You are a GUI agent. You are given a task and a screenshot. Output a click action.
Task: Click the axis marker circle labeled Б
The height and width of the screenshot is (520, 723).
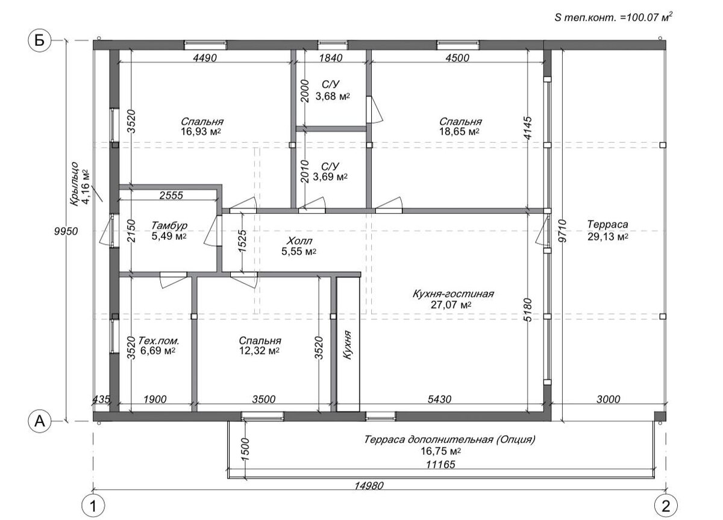coord(39,40)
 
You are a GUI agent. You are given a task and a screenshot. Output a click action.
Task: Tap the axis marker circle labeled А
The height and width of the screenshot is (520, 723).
coord(39,421)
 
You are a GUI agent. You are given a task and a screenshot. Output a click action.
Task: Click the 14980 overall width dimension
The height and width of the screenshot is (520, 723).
coord(369,486)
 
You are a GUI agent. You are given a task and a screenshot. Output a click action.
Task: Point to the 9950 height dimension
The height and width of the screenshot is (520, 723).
coord(66,231)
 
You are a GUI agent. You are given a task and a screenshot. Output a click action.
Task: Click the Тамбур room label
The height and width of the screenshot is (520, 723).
coord(169,225)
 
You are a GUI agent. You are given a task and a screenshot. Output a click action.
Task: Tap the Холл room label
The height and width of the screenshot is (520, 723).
coord(299,241)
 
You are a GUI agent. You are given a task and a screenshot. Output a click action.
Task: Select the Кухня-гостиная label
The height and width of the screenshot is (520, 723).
coord(453,293)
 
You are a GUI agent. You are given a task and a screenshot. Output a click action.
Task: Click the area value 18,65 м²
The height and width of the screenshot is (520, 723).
coord(459,131)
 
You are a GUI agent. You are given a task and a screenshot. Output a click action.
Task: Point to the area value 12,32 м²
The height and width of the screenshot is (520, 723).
coord(259,351)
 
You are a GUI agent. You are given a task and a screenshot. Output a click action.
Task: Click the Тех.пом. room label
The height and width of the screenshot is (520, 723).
coord(158,340)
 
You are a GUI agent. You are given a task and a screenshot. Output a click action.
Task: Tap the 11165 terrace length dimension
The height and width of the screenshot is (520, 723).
coord(440,465)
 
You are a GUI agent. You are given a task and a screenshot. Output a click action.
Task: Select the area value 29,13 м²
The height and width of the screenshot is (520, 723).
coord(608,237)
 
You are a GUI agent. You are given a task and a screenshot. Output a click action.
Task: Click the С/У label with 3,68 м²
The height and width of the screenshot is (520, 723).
coord(331,84)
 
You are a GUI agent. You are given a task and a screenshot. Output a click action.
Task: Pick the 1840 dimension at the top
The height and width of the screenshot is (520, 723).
coord(331,58)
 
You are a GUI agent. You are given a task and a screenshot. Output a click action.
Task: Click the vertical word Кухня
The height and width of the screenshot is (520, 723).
coord(347,345)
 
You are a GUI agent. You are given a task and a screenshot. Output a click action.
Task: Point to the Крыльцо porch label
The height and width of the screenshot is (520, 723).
coord(75,184)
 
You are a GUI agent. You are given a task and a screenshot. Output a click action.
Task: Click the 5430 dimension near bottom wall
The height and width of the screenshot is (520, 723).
coord(439,399)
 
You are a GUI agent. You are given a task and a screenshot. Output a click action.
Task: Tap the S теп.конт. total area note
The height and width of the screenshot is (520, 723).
coord(613,17)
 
